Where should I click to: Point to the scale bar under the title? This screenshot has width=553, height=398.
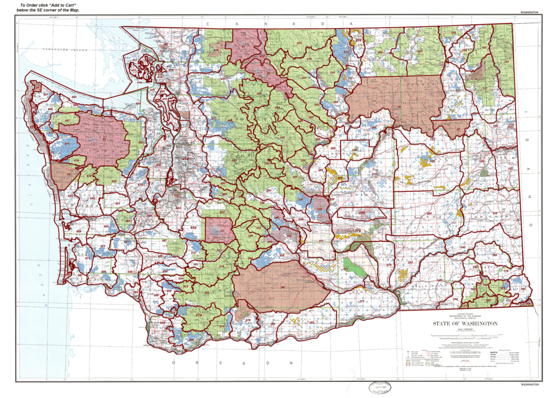(x=458, y=336)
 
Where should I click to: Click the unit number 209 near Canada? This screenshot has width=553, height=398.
(x=358, y=41)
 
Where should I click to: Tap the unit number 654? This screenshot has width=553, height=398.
(x=193, y=228)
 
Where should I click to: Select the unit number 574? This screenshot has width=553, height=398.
(x=198, y=315)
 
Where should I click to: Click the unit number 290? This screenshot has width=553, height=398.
(x=362, y=213)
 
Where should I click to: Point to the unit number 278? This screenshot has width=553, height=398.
(x=357, y=231)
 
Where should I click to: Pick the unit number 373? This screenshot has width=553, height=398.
(x=362, y=301)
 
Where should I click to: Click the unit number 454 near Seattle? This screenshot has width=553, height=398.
(x=185, y=158)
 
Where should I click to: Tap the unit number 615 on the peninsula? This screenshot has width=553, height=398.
(x=67, y=144)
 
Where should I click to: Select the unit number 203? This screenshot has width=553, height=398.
(x=299, y=42)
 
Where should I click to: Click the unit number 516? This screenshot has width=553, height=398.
(x=221, y=267)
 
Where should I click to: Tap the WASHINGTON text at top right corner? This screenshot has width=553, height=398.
(x=529, y=11)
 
